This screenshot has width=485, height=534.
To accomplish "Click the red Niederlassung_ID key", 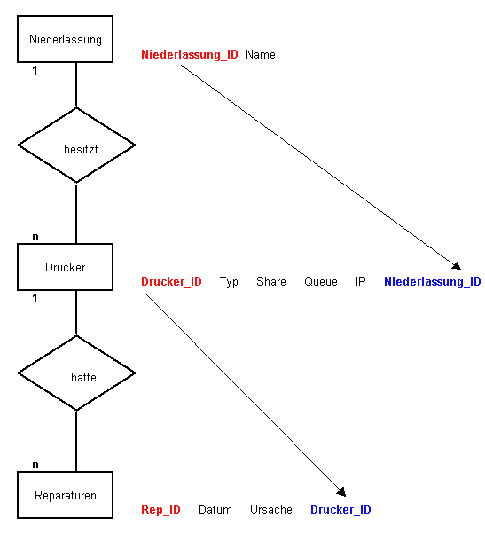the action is (x=190, y=54).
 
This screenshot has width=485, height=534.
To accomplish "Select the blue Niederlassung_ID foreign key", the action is (x=433, y=282).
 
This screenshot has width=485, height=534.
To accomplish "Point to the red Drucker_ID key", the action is (x=171, y=282).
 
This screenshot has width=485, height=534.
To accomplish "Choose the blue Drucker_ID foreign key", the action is (x=340, y=509).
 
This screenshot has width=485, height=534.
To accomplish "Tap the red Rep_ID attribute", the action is (x=160, y=509).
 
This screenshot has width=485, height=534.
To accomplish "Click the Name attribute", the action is (x=261, y=54).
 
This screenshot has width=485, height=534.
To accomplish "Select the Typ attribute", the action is (x=229, y=282).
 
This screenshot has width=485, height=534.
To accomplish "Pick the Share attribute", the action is (x=271, y=282).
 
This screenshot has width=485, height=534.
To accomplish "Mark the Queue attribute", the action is (x=321, y=282).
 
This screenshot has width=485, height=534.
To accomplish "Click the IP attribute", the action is (x=361, y=282).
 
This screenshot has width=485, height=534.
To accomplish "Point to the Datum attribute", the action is (x=215, y=509).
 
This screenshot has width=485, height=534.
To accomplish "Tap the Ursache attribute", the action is (x=271, y=509).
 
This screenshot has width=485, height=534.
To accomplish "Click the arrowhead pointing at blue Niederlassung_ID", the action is (x=457, y=265).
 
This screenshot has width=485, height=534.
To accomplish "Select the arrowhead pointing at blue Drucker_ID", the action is (x=341, y=491).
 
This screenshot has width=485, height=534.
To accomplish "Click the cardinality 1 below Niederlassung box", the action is (x=35, y=70).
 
